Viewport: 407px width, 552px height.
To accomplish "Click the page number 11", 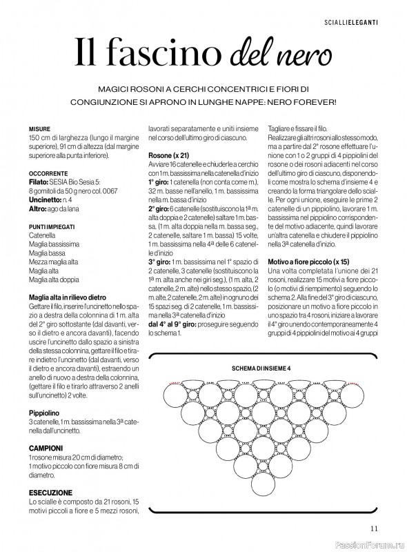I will click(373, 529).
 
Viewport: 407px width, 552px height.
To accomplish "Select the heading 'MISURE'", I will click(39, 129).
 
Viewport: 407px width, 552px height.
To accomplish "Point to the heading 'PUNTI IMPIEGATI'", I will click(52, 226).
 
